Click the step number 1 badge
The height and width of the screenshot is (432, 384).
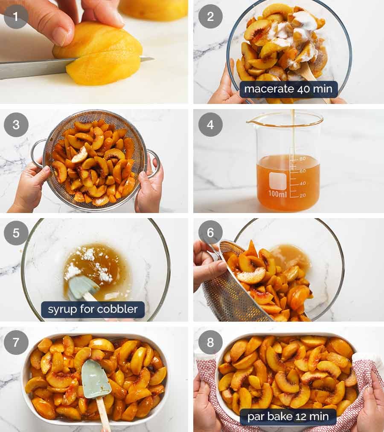[x=16, y=17]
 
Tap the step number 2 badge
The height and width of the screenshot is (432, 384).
[x=210, y=17]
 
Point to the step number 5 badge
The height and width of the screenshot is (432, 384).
[x=16, y=233]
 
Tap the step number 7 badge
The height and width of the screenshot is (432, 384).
[x=16, y=342]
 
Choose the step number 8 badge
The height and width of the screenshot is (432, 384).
[x=210, y=342]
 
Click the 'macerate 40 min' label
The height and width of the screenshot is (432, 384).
[x=288, y=89]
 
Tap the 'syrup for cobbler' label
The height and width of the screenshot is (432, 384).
[x=93, y=309]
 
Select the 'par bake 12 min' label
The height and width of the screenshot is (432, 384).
[x=288, y=417]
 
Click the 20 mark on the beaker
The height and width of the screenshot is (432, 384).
[x=303, y=195]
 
